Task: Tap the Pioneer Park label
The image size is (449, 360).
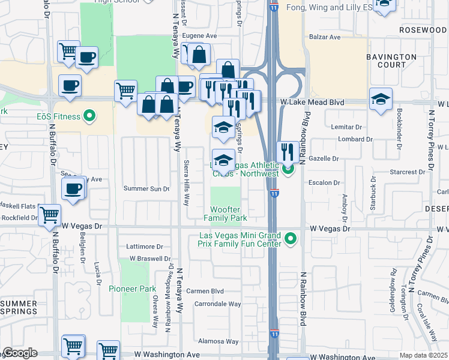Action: pos(128,289)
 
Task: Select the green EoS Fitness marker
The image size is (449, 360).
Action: pos(89,115)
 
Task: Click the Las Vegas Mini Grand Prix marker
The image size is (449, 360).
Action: pos(291,239)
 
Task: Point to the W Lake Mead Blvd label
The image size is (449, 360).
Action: pos(312,103)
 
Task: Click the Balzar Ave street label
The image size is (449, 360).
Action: pos(325,37)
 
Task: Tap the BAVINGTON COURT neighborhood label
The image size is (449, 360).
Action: pos(391,61)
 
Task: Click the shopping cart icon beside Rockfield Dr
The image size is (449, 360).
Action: pos(49,215)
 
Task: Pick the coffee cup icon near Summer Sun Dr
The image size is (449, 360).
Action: pos(73,189)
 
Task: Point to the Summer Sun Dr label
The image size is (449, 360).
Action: pos(146,189)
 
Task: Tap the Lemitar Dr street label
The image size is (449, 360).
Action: pos(348,127)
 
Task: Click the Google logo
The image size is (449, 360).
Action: pos(20,353)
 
